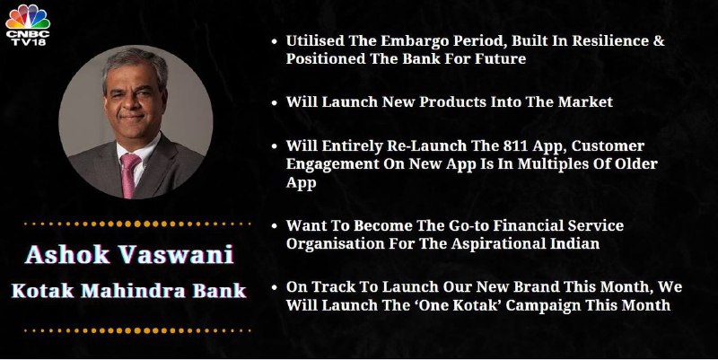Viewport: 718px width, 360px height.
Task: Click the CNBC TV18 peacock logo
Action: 28,25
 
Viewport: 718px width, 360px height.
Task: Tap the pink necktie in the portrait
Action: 128,175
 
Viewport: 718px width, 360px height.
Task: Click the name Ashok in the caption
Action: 67,254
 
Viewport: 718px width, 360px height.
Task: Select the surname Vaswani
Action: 176,254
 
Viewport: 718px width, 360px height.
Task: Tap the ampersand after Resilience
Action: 659,40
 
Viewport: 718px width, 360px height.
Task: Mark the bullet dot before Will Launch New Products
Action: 275,102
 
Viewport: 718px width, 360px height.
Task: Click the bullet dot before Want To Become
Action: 275,226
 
